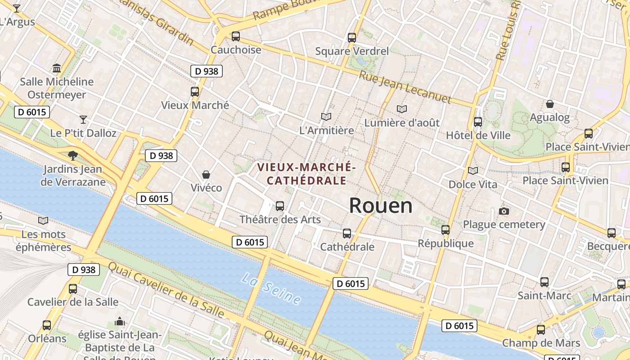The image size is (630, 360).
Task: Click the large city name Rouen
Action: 381,206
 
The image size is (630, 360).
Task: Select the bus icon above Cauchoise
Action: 235,36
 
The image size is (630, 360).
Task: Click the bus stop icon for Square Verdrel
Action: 352,38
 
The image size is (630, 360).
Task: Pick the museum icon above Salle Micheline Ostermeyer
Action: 57,68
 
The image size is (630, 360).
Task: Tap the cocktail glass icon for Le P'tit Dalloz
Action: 83,119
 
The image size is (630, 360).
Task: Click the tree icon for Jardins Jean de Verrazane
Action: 72,156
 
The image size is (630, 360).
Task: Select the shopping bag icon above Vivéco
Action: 206,174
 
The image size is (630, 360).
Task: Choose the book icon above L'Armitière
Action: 326,117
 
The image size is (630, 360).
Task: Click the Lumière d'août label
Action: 402,122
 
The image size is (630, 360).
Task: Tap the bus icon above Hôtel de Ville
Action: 478,121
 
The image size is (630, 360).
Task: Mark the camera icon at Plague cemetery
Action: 504,211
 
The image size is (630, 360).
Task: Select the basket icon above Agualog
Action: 549,104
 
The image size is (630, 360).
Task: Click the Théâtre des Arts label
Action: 280,220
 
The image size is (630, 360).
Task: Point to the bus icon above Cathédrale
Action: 347,233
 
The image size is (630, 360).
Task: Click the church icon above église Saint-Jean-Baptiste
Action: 120,321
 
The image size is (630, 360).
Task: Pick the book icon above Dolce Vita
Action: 472,171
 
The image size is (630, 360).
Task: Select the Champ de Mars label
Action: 541,343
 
